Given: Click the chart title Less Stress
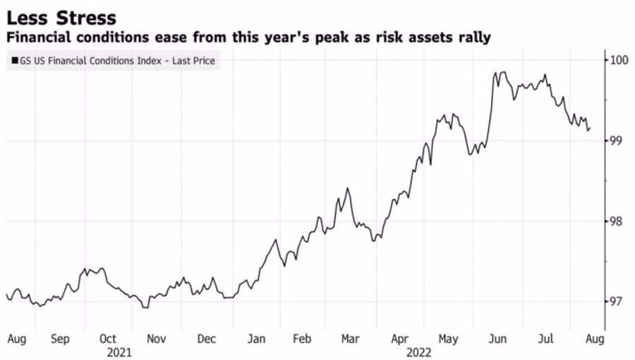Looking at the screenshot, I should (x=61, y=16).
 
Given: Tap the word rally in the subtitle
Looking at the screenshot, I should (x=473, y=37).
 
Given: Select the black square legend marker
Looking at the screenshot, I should (x=15, y=61).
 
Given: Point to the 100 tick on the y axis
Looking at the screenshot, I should (x=619, y=60).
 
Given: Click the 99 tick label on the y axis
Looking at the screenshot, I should (x=616, y=140).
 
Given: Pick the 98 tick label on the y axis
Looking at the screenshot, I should (x=616, y=221).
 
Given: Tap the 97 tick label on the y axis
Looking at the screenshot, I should (x=616, y=301).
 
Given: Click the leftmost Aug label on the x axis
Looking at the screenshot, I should (x=16, y=339).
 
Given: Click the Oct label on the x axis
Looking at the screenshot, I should (x=108, y=339).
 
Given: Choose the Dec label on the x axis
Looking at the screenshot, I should (x=206, y=339).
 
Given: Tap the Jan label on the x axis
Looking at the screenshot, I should (x=256, y=339).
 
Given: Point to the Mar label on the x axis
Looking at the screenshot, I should (x=350, y=339).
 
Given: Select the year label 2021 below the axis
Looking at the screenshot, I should (x=120, y=351).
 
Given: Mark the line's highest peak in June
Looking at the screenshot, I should (x=502, y=72).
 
